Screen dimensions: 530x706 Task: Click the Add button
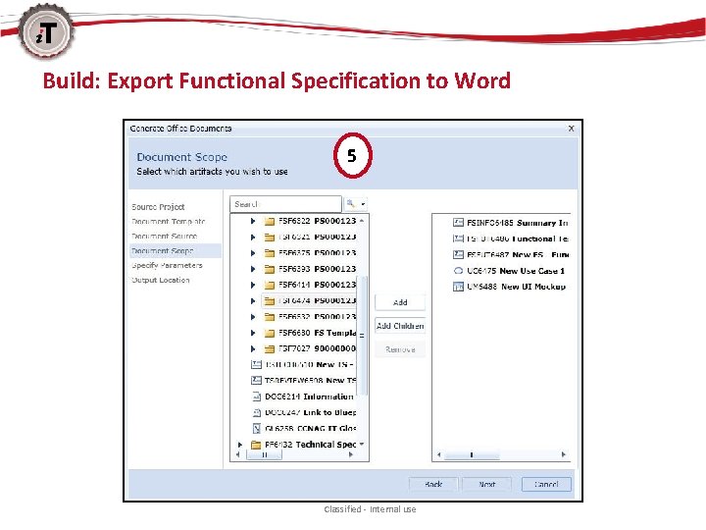(400, 302)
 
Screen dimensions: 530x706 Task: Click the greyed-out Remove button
(400, 349)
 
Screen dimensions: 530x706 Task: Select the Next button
(487, 484)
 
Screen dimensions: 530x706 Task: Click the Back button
(433, 484)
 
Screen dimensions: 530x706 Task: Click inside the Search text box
(285, 204)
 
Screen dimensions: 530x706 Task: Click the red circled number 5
(352, 155)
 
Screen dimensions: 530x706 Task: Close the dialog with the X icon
(572, 129)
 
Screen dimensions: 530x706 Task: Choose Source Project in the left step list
(159, 207)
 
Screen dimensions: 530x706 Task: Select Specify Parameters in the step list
(168, 265)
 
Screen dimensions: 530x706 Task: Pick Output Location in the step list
(161, 280)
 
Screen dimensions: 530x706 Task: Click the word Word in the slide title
(482, 80)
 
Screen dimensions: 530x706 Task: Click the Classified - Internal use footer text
(370, 509)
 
